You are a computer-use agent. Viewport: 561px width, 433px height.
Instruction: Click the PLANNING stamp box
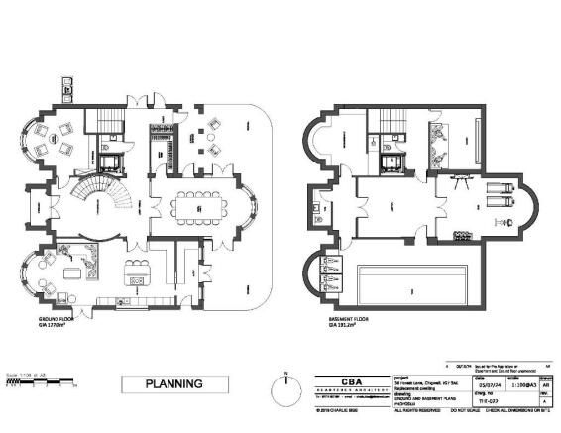pyautogui.click(x=174, y=382)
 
